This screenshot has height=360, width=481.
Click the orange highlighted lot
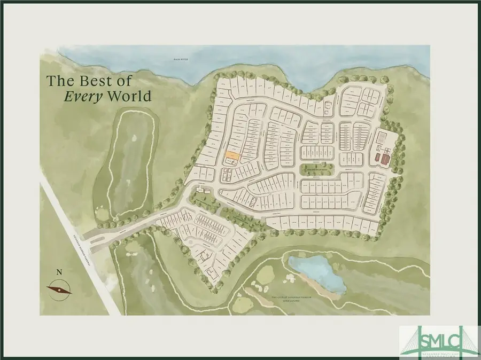[x=231, y=155]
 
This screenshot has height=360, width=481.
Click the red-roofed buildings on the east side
[x=380, y=158]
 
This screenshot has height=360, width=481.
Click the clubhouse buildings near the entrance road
[x=203, y=191]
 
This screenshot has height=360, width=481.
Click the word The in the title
[x=58, y=81]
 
